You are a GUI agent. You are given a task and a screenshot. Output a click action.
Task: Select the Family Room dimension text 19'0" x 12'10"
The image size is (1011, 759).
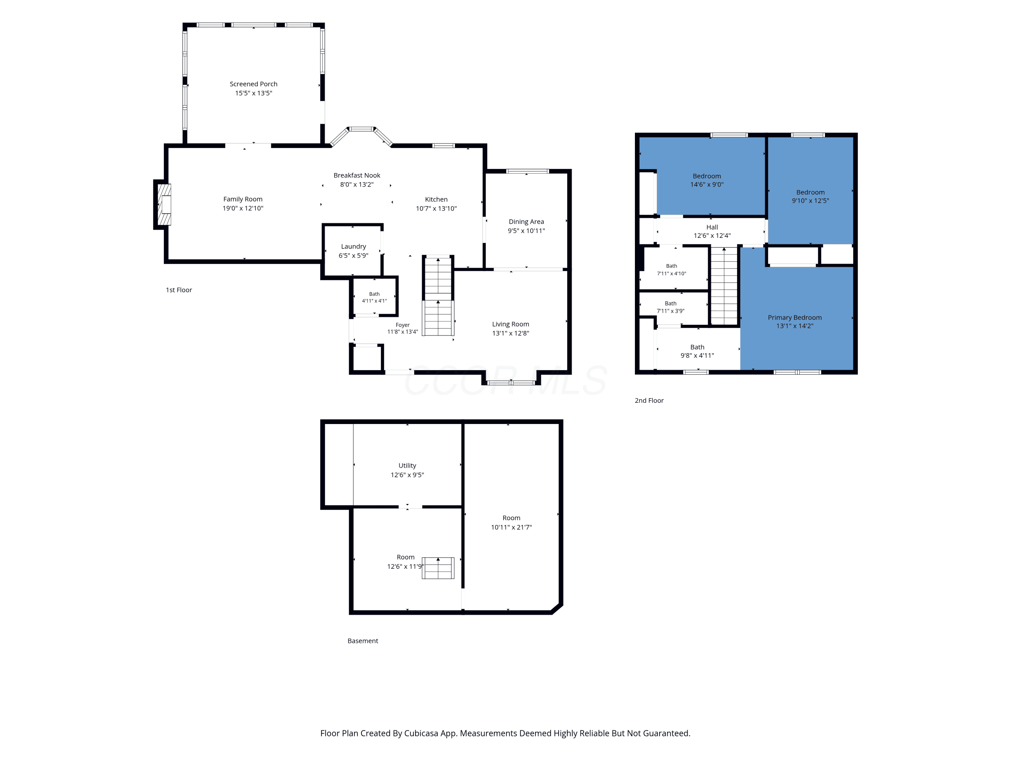pyautogui.click(x=243, y=208)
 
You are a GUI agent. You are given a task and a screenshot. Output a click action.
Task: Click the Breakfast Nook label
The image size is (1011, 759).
pyautogui.click(x=357, y=175)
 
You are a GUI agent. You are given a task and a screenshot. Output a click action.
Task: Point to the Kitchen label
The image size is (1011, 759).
pyautogui.click(x=436, y=199)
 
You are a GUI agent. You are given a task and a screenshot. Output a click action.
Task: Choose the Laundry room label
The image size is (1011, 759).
pyautogui.click(x=353, y=247)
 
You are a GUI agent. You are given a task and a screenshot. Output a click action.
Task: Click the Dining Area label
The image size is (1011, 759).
pyautogui.click(x=526, y=221)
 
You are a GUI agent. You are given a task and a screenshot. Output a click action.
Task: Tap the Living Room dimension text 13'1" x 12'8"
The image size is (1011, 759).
pyautogui.click(x=511, y=333)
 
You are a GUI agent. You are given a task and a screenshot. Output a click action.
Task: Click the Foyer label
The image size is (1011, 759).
pyautogui.click(x=403, y=325)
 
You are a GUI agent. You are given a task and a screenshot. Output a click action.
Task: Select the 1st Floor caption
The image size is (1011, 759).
pyautogui.click(x=179, y=290)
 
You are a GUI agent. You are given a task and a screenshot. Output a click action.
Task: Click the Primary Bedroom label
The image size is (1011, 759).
pyautogui.click(x=794, y=317)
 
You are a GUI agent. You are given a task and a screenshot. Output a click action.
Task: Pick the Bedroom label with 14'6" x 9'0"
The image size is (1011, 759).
pyautogui.click(x=707, y=176)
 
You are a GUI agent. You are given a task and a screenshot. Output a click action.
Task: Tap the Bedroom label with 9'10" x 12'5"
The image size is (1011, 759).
pyautogui.click(x=810, y=192)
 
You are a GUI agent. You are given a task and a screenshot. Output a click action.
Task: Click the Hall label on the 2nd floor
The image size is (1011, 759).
pyautogui.click(x=712, y=227)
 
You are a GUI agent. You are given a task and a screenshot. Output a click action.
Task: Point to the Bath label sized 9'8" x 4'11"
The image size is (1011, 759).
pyautogui.click(x=697, y=347)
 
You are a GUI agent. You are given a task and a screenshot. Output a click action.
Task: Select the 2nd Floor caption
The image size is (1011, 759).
pyautogui.click(x=649, y=400)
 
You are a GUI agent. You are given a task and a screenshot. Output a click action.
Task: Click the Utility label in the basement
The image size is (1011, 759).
pyautogui.click(x=407, y=466)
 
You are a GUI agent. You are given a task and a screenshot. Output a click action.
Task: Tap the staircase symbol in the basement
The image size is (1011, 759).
pyautogui.click(x=438, y=568)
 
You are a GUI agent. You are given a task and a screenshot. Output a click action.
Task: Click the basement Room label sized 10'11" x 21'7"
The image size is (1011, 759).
pyautogui.click(x=512, y=518)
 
